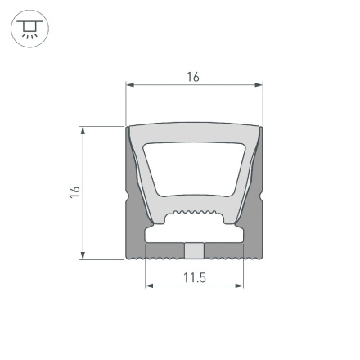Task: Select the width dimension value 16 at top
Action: click(x=193, y=77)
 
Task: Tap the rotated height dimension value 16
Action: click(x=74, y=192)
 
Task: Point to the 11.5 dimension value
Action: click(x=194, y=278)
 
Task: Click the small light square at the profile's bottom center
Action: click(x=194, y=250)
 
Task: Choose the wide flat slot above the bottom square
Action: click(x=194, y=234)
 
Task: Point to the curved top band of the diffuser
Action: click(x=194, y=133)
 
